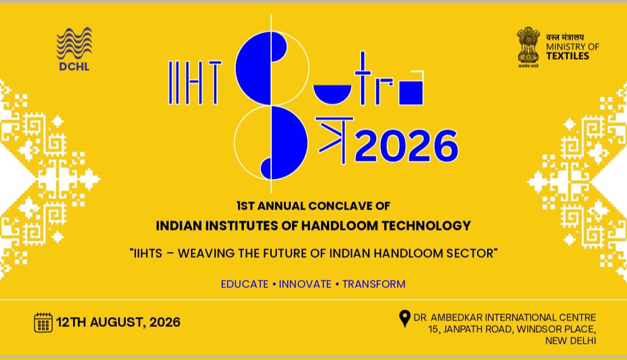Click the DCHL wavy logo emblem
pyautogui.click(x=74, y=43)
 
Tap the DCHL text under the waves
pyautogui.click(x=74, y=66)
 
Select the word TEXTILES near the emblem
pyautogui.click(x=568, y=56)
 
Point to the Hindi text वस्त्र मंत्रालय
pyautogui.click(x=565, y=37)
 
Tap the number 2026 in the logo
pyautogui.click(x=406, y=146)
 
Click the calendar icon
pyautogui.click(x=43, y=322)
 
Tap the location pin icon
pyautogui.click(x=405, y=319)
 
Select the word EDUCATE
pyautogui.click(x=245, y=284)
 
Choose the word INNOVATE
pyautogui.click(x=305, y=284)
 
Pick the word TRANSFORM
pyautogui.click(x=374, y=284)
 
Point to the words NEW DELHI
pyautogui.click(x=571, y=341)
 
